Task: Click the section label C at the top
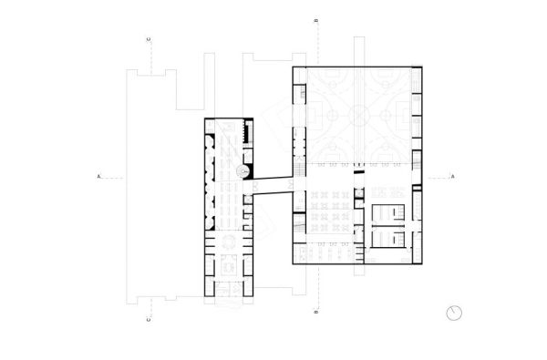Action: click(148, 39)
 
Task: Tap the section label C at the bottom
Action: click(148, 320)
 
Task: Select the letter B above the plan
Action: click(315, 19)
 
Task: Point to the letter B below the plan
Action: click(315, 314)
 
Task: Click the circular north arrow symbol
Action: click(455, 313)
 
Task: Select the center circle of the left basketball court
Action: click(331, 116)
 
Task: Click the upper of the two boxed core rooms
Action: click(389, 214)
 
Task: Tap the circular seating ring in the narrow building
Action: click(228, 242)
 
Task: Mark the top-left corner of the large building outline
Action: click(293, 67)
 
